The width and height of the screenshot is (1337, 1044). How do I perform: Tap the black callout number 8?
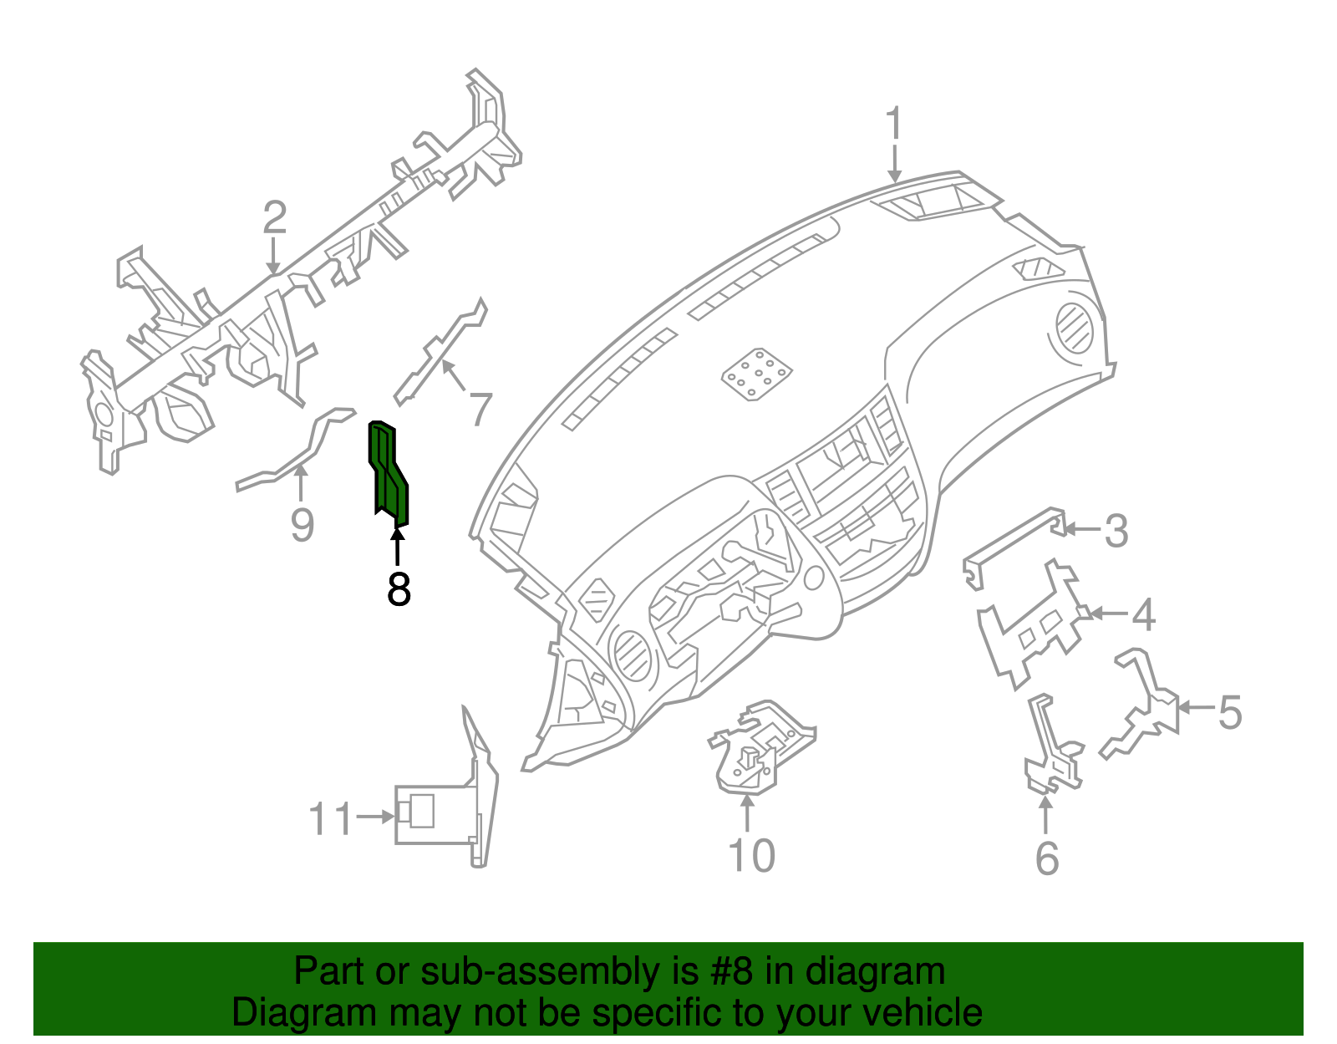399,589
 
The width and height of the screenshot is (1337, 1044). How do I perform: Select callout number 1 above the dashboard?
894,124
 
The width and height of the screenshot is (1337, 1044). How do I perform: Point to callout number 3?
1116,531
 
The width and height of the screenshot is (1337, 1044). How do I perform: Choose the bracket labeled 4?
1032,623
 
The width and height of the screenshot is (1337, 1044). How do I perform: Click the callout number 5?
1229,711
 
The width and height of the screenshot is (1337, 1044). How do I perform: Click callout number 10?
751,855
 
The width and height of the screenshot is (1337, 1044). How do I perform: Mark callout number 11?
331,819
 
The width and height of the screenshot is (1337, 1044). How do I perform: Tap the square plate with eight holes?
757,374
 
